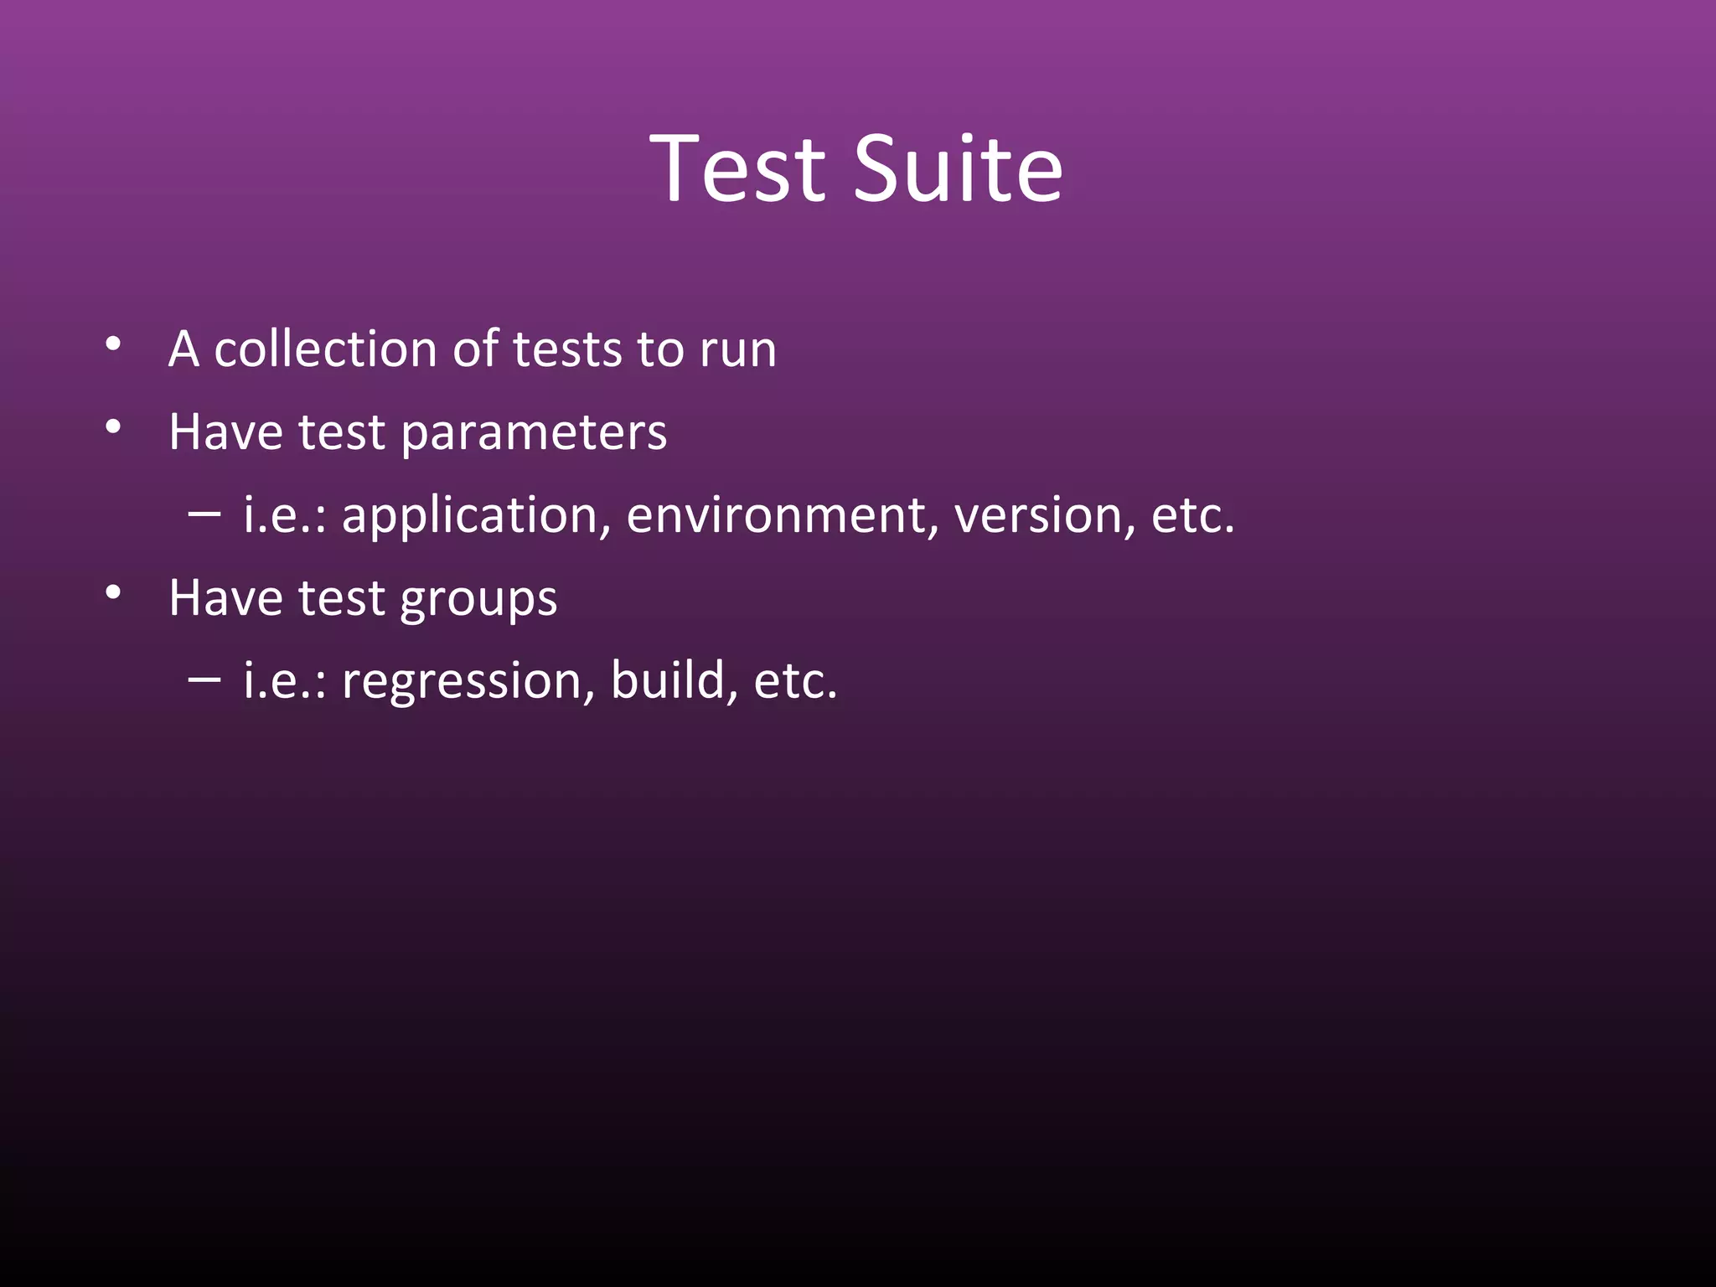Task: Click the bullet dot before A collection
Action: point(114,344)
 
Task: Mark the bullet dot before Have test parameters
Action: point(114,427)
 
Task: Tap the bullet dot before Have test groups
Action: point(114,593)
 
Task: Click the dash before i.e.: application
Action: point(204,512)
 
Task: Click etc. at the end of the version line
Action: point(1192,515)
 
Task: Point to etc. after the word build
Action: point(794,680)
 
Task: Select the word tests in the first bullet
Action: point(567,349)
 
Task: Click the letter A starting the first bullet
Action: point(183,349)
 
